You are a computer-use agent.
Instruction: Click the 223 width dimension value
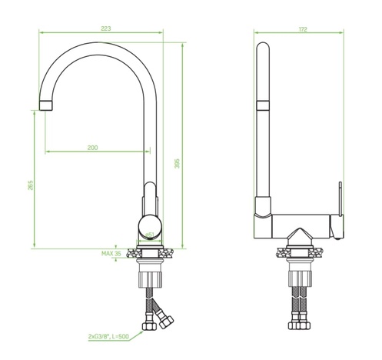click(106, 28)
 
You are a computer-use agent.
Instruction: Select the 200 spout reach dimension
click(93, 147)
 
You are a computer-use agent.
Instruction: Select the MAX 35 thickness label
click(111, 253)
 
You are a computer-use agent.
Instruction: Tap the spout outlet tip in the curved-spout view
click(45, 103)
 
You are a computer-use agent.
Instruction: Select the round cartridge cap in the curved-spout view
click(150, 228)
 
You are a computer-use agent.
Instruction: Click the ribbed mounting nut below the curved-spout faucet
click(151, 273)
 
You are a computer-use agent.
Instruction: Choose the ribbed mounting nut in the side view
click(299, 274)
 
